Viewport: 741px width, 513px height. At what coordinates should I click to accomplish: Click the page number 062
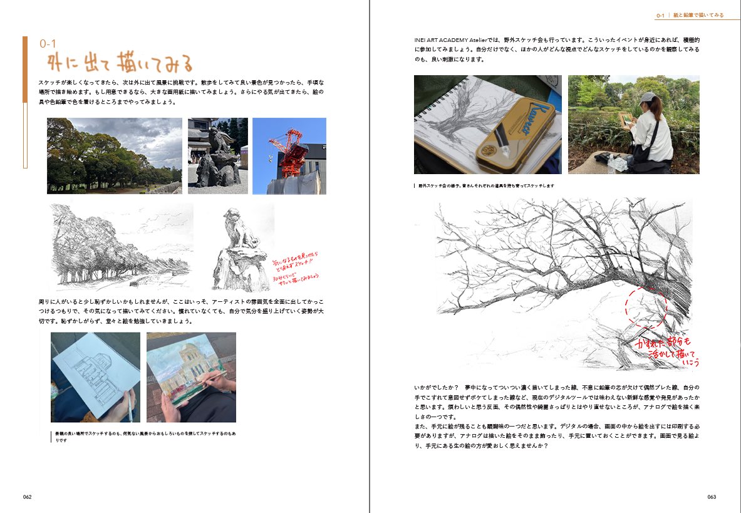(28, 496)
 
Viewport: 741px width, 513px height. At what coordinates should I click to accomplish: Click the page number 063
(712, 496)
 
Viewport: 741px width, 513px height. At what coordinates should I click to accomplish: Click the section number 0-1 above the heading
(48, 44)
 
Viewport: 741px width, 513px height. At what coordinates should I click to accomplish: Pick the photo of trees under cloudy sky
(115, 155)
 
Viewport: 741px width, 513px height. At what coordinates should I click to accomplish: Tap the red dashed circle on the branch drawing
(646, 308)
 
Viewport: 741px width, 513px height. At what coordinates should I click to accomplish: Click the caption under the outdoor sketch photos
(486, 186)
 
